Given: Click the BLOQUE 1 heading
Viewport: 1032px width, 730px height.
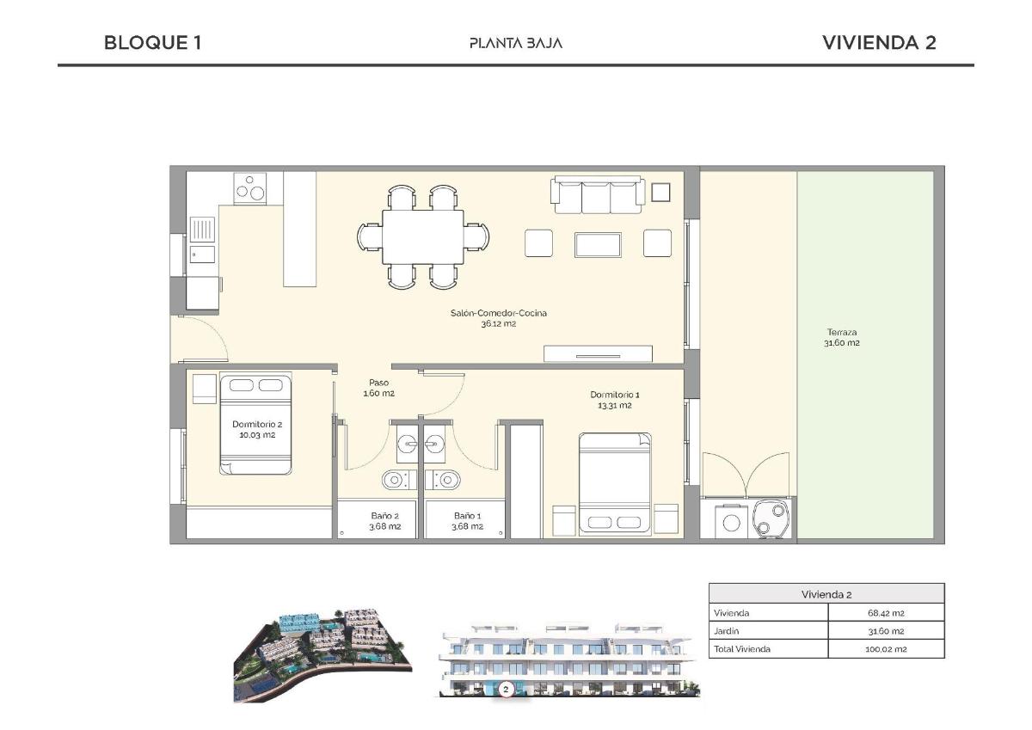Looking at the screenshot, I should (152, 43).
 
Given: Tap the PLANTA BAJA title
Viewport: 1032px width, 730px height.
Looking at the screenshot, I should (516, 43).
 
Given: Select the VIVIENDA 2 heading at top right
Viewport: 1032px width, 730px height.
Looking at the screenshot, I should (879, 43).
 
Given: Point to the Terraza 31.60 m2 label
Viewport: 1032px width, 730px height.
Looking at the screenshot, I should (842, 337).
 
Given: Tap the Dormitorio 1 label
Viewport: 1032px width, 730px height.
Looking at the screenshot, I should (615, 400).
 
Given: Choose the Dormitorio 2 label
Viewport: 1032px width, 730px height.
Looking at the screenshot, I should (256, 429).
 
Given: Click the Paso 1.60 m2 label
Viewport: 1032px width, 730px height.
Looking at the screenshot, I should (378, 388).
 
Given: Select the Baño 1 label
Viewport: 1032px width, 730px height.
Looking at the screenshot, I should (467, 521).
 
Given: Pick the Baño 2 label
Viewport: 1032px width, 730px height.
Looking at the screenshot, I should (384, 521).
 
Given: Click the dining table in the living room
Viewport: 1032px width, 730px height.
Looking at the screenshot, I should (423, 237).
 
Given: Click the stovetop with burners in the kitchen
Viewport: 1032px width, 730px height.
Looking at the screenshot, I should (250, 188).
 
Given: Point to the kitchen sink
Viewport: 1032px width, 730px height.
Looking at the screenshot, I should (203, 230).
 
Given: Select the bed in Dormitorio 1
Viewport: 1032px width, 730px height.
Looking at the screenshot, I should (615, 482).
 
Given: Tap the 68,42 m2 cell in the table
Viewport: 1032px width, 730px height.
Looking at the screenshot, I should (885, 613).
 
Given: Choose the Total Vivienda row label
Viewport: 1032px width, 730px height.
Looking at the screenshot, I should (741, 649).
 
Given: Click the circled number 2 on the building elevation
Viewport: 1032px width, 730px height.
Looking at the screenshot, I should (506, 689).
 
